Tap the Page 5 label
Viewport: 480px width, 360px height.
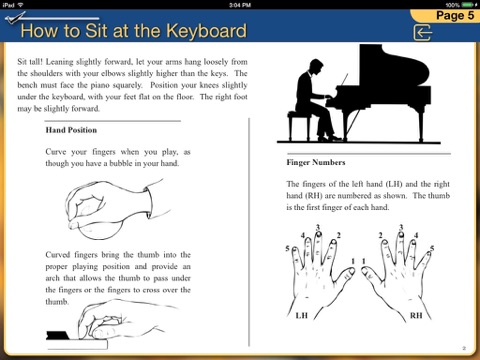(455, 15)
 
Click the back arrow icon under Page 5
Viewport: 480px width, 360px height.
(422, 32)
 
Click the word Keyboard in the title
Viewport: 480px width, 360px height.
(206, 31)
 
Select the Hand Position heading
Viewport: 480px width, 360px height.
(71, 130)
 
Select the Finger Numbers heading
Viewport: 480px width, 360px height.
(316, 162)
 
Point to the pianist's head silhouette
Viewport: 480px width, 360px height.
(315, 68)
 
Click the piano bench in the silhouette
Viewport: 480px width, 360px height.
(299, 126)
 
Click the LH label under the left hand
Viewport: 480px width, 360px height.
(302, 315)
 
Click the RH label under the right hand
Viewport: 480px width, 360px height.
(416, 315)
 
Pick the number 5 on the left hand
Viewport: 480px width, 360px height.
(287, 249)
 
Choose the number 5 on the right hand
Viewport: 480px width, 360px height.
(432, 249)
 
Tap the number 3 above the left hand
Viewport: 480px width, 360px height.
(318, 227)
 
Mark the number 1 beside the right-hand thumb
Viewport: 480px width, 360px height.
(364, 261)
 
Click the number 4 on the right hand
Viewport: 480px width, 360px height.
(416, 235)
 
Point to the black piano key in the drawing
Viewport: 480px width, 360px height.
(58, 335)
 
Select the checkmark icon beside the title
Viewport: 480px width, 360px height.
(15, 18)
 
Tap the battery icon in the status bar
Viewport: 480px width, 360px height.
(467, 5)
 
